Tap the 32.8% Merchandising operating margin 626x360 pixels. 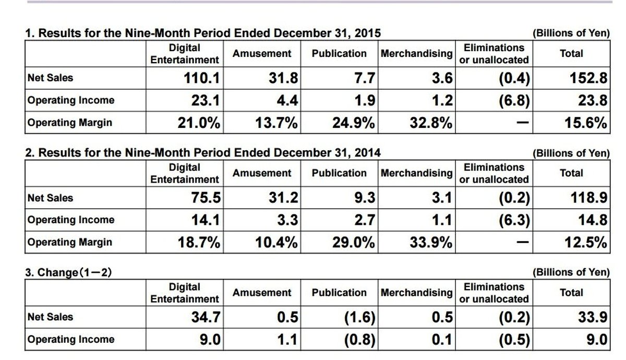click(x=431, y=123)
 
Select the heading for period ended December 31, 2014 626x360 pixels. click(x=203, y=153)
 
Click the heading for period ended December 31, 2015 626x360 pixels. click(x=203, y=33)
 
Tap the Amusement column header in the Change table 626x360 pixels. click(x=262, y=293)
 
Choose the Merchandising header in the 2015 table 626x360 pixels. click(x=416, y=54)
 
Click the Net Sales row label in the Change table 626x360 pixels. click(x=50, y=317)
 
